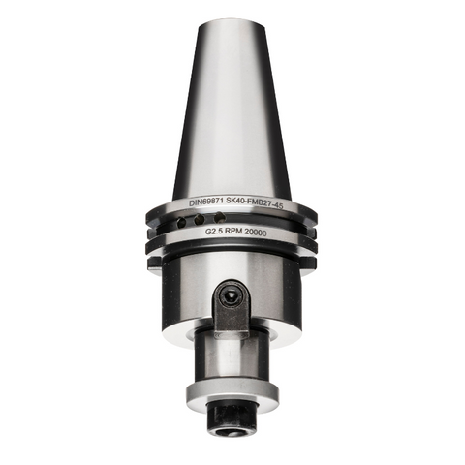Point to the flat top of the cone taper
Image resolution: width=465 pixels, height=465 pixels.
[x=232, y=19]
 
